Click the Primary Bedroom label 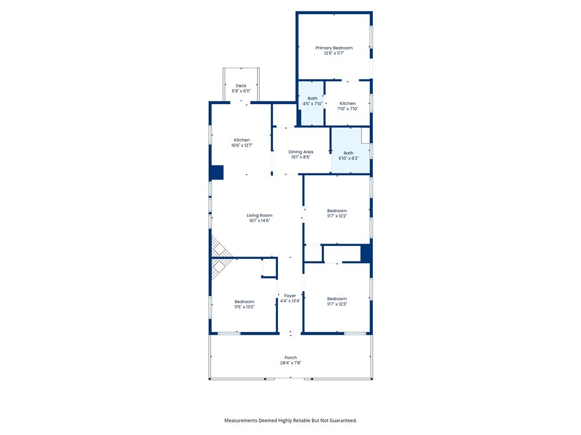[x=334, y=48]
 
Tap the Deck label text [x=241, y=86]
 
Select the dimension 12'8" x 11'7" [x=334, y=53]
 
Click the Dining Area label [x=301, y=152]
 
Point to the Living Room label [x=259, y=215]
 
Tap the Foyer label [x=290, y=296]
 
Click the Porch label [x=290, y=358]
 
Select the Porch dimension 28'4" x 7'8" [x=290, y=363]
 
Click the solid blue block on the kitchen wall [x=216, y=172]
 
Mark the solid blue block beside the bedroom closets [x=366, y=253]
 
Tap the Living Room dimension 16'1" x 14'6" [x=259, y=220]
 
